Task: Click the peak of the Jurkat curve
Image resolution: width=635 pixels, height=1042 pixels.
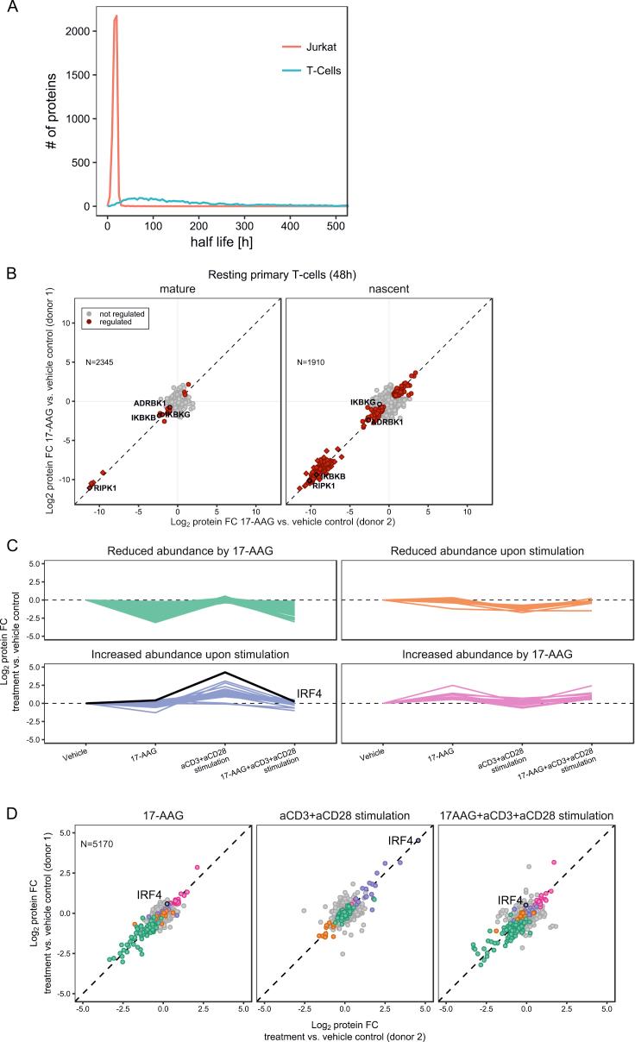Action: coord(116,16)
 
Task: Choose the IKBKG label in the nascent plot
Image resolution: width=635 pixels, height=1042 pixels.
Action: coord(362,402)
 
